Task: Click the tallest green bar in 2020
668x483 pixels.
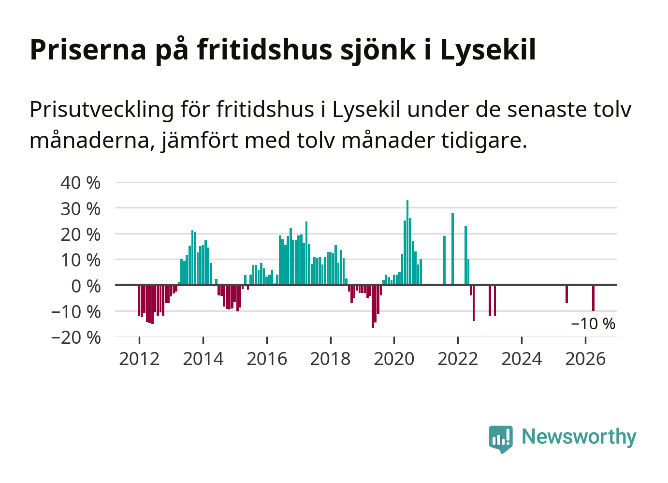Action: coord(407,242)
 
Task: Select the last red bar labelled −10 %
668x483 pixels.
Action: coord(593,298)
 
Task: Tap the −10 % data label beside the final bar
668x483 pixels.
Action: coord(593,323)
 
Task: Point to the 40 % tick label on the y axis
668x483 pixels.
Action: coord(80,183)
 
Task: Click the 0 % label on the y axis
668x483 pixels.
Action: coord(86,286)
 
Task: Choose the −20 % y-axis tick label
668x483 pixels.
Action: coord(76,338)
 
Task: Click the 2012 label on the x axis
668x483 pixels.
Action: coord(139,359)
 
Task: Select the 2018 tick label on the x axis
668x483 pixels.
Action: coord(331,359)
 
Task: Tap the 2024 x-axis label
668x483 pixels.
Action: coord(522,359)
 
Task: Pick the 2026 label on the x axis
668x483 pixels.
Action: coord(585,359)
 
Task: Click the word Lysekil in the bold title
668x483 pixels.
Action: coord(488,50)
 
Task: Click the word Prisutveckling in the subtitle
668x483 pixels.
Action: coord(102,110)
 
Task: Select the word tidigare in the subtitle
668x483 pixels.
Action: coord(484,141)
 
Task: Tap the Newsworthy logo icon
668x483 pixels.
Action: coord(501,439)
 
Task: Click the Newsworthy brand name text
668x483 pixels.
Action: coord(579,437)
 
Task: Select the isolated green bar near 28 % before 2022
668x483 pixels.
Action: coord(453,249)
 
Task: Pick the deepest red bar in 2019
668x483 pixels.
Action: coord(373,307)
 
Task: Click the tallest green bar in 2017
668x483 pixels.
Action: coord(306,253)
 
